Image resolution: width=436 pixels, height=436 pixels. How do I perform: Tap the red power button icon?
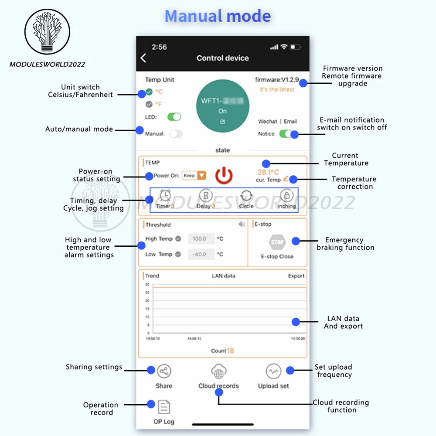pyautogui.click(x=224, y=175)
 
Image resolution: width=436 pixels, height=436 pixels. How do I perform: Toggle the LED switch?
pyautogui.click(x=174, y=117)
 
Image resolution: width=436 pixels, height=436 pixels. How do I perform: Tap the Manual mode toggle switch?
pyautogui.click(x=176, y=134)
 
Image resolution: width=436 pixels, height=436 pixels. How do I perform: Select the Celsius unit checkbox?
pyautogui.click(x=149, y=92)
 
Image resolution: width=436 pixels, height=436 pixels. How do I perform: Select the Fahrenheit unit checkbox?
pyautogui.click(x=149, y=104)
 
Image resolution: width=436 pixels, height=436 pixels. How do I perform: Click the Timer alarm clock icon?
pyautogui.click(x=165, y=195)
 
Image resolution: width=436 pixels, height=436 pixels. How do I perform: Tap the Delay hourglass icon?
pyautogui.click(x=206, y=195)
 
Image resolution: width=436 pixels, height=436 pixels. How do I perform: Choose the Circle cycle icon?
pyautogui.click(x=246, y=195)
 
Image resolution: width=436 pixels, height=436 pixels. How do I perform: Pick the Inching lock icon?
pyautogui.click(x=286, y=195)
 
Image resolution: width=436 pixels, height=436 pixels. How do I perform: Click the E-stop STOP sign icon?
pyautogui.click(x=277, y=242)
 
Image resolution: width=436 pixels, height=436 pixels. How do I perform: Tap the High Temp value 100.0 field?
pyautogui.click(x=201, y=239)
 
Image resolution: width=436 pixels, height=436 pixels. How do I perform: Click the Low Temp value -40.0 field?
pyautogui.click(x=201, y=254)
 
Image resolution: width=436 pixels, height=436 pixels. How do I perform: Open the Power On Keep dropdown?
pyautogui.click(x=194, y=176)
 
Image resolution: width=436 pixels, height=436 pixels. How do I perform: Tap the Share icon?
pyautogui.click(x=164, y=371)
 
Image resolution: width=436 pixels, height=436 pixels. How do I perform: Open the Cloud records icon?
pyautogui.click(x=218, y=371)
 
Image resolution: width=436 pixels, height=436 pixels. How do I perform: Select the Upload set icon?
pyautogui.click(x=273, y=371)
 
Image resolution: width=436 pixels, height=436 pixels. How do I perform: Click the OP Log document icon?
pyautogui.click(x=164, y=407)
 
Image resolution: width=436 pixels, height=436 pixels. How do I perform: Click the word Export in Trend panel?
pyautogui.click(x=296, y=276)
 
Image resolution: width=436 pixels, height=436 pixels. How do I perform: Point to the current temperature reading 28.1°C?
pyautogui.click(x=268, y=172)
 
